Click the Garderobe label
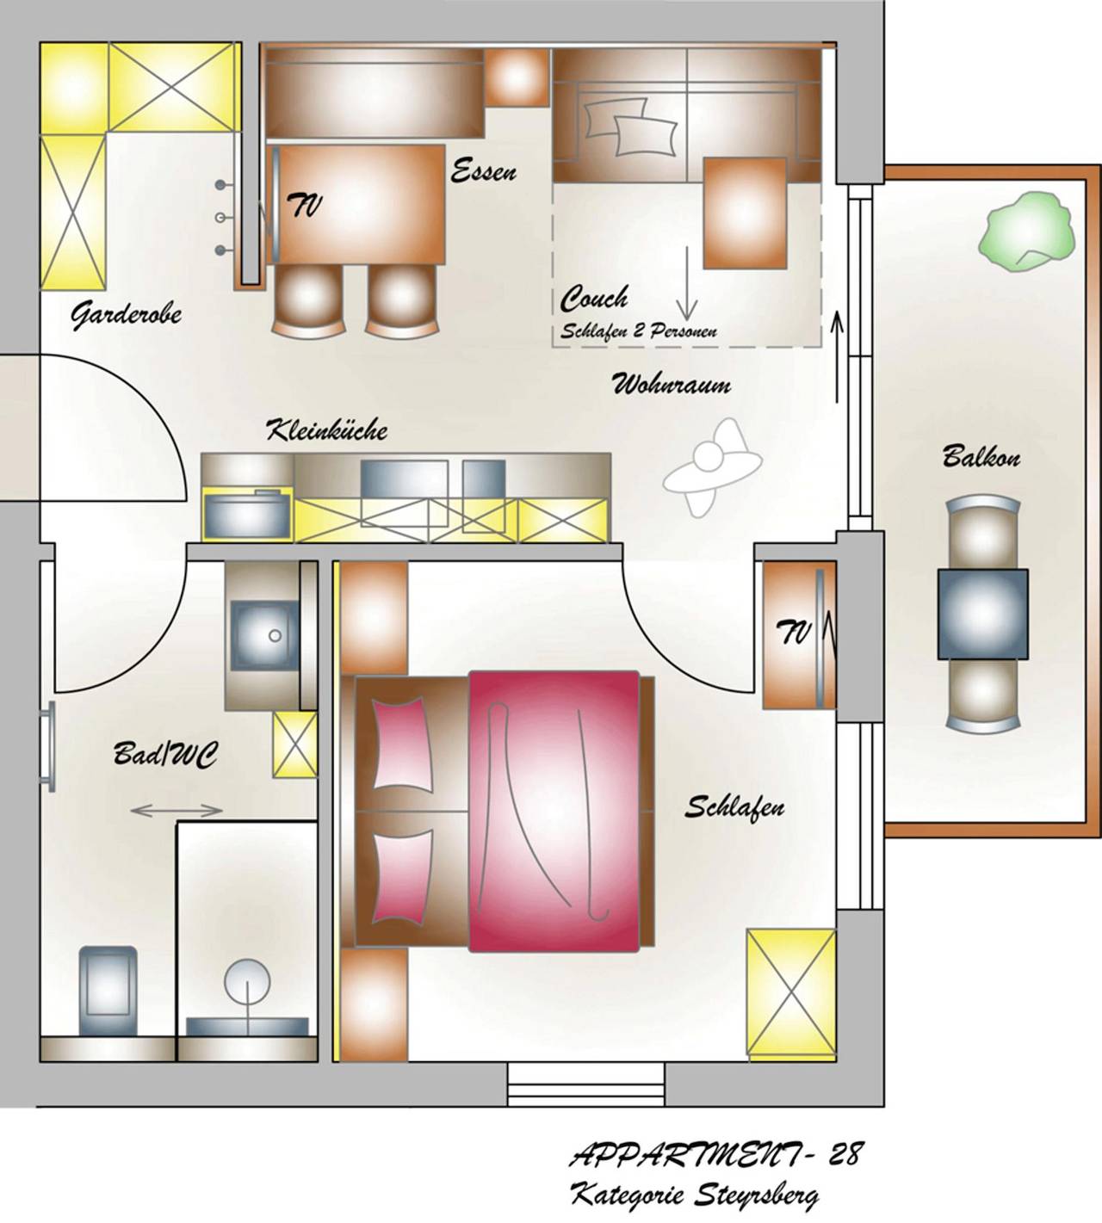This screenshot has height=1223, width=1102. (x=126, y=315)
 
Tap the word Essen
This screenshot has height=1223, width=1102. (x=484, y=171)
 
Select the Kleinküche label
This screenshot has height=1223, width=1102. (x=326, y=429)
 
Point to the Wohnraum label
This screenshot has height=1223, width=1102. (x=672, y=384)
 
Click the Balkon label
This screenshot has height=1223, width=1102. (x=981, y=455)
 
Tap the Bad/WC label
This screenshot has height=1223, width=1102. (x=165, y=755)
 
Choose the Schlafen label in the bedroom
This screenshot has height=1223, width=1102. (x=734, y=807)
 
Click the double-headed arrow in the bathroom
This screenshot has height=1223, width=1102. (x=176, y=810)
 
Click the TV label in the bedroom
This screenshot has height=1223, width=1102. (x=795, y=634)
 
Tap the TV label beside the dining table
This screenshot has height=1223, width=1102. (x=305, y=206)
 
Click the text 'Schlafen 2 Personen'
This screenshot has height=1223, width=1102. (x=639, y=330)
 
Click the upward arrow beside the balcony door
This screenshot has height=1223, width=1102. (x=836, y=358)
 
